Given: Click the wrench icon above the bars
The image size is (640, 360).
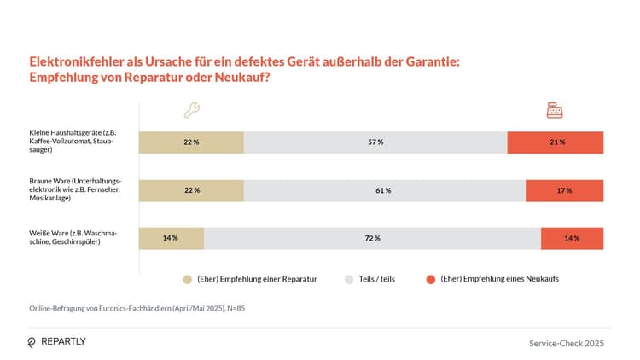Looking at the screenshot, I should (192, 110).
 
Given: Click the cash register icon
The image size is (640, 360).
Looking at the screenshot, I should (555, 110).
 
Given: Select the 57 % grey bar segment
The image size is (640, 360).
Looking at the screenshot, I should (375, 142).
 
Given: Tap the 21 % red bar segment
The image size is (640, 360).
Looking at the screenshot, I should (555, 142).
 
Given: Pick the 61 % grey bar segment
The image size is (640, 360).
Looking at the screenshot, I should (384, 190).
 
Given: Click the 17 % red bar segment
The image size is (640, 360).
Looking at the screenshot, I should (564, 190).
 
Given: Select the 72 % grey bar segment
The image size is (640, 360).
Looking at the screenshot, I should (372, 238).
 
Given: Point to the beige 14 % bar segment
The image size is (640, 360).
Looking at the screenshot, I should (172, 238).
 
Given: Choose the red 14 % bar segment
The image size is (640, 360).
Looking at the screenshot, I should (572, 238).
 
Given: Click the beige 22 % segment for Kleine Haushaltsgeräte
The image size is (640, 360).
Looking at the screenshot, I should (191, 142).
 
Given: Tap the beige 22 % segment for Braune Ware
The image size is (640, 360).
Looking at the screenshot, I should (191, 190).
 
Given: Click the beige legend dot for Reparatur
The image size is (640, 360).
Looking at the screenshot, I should (187, 279).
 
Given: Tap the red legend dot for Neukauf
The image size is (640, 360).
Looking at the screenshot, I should (430, 279).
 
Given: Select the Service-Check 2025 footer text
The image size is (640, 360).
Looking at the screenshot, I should (567, 343).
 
